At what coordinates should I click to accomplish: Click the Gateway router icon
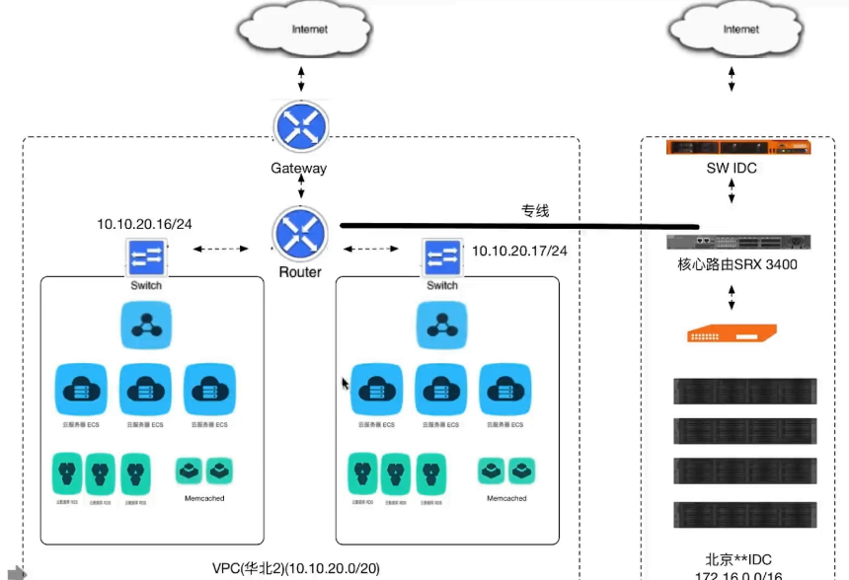[300, 126]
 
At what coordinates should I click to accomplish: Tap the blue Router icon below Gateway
[300, 233]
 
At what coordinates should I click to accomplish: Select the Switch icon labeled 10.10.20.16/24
[146, 256]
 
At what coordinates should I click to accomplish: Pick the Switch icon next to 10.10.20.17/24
[442, 256]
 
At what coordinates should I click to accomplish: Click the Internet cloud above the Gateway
[301, 32]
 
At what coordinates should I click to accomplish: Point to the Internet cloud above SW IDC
[731, 32]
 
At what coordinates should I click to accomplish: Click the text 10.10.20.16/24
[144, 224]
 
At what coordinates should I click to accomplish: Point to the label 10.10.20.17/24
[519, 251]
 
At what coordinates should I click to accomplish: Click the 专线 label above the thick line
[534, 210]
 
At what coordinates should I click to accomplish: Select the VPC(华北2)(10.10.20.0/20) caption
[296, 568]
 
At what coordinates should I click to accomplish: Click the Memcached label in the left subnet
[204, 499]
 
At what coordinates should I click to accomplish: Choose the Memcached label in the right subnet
[506, 499]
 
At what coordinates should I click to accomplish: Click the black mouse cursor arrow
[345, 383]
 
